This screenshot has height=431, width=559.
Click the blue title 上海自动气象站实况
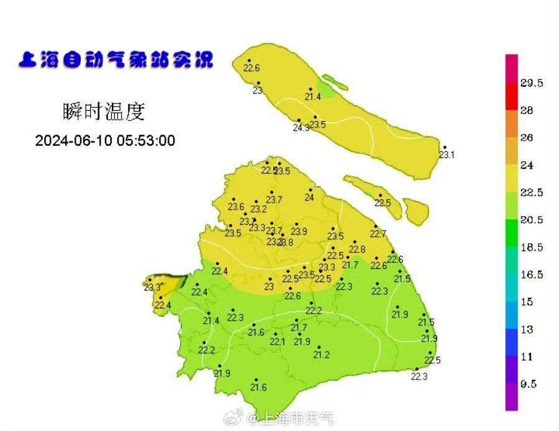click(116, 61)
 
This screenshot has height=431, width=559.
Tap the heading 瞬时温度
click(104, 112)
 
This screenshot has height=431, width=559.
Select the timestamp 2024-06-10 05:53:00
click(105, 141)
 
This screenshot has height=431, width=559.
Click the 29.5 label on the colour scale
click(532, 83)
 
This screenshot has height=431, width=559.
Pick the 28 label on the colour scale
click(527, 110)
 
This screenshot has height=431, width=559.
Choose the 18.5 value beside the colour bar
click(532, 247)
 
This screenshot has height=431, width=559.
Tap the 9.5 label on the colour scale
click(528, 384)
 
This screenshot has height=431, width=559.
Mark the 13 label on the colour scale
click(527, 330)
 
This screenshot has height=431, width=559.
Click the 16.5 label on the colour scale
click(532, 275)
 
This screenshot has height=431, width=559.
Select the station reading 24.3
click(301, 128)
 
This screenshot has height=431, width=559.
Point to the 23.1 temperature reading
click(447, 155)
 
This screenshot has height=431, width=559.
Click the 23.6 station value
click(236, 207)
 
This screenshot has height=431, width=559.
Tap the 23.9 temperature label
click(299, 231)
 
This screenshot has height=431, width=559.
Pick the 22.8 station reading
click(357, 249)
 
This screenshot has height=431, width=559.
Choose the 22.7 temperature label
click(378, 234)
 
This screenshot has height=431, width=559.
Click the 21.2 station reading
click(321, 355)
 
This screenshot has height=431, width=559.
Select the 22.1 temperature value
click(278, 342)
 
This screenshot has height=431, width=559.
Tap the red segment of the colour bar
click(511, 97)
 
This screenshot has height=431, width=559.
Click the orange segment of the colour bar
click(511, 123)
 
